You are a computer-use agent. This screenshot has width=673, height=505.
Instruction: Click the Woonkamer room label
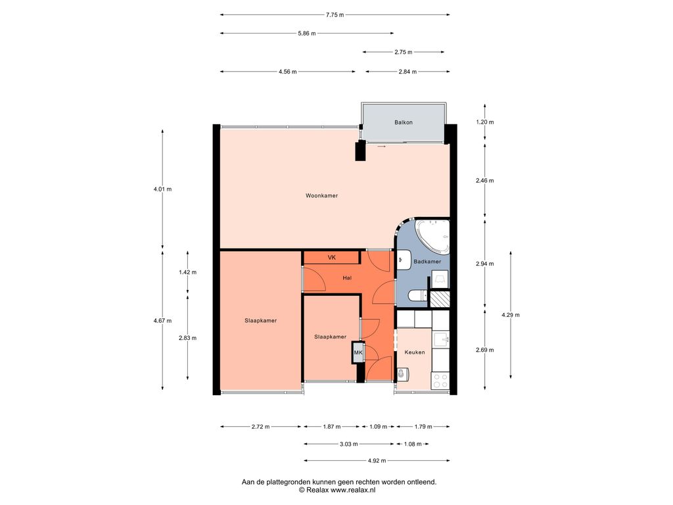pos(321,196)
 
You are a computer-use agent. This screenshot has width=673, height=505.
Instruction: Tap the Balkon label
pos(404,122)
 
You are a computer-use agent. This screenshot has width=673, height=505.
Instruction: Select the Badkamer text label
pos(427,262)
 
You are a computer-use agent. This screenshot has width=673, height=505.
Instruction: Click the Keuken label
pos(415,352)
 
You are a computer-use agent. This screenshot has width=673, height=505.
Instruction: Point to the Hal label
pos(347,278)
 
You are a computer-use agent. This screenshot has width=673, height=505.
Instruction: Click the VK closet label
pos(332,258)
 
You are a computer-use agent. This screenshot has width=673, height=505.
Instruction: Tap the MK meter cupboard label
pos(358,352)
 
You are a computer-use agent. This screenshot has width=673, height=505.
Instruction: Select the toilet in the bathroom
pos(416,295)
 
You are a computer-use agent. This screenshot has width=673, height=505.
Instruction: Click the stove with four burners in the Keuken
pos(440,381)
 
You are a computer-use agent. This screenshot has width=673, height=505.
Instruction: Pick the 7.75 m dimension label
pos(335,14)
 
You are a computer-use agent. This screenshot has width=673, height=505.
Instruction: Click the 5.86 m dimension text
pos(307,33)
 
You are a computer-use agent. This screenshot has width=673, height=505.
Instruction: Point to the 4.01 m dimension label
pos(163,189)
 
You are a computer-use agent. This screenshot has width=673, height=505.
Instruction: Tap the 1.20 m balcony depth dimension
pos(485,122)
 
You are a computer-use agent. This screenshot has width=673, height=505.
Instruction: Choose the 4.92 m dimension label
pos(377,461)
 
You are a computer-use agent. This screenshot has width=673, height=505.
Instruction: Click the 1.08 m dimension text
pos(413,444)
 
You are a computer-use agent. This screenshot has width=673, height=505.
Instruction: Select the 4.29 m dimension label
pos(511,315)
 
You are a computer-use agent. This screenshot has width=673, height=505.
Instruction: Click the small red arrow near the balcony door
pos(382,147)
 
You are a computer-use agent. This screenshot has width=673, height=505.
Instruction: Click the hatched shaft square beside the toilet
pos(440,299)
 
